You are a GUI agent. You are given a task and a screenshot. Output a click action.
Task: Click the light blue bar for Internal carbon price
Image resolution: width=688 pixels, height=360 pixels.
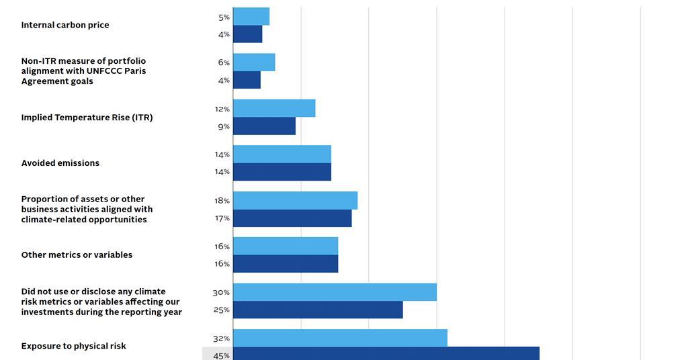[251, 16]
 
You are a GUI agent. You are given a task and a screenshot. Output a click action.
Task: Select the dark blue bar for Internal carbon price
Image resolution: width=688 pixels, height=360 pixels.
[248, 34]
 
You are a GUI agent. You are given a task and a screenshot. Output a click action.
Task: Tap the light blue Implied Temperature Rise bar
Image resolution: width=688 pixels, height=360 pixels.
[274, 108]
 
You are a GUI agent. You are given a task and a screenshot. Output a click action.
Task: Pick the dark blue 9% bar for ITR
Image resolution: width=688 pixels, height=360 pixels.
[264, 126]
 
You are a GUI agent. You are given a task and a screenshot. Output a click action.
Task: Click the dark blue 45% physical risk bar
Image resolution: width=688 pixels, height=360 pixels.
[386, 354]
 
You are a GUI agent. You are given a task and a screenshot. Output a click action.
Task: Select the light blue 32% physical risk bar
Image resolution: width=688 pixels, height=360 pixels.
[340, 338]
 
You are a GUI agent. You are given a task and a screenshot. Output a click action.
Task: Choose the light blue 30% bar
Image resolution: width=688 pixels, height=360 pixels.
[335, 292]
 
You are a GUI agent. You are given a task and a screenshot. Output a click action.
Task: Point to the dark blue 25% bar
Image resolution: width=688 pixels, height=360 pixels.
[318, 310]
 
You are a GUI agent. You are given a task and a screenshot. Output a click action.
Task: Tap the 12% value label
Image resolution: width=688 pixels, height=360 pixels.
[222, 109]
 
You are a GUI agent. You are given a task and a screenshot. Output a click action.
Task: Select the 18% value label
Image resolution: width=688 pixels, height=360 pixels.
[222, 201]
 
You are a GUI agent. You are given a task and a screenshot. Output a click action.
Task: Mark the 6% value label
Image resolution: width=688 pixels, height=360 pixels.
[224, 62]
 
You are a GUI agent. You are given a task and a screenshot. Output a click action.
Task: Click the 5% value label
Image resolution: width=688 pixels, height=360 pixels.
[224, 17]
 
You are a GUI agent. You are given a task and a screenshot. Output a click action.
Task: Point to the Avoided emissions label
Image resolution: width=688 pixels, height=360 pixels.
[60, 163]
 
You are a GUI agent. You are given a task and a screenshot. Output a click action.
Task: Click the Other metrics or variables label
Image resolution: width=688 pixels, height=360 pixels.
[77, 255]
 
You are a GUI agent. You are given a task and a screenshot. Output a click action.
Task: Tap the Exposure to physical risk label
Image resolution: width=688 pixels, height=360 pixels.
[74, 347]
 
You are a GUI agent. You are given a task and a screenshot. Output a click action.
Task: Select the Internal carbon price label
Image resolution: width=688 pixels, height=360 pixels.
[65, 26]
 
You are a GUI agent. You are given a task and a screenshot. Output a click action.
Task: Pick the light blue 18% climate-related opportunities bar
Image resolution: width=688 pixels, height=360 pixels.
[296, 200]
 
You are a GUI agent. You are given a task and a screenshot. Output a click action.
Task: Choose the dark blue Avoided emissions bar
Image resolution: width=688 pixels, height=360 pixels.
[282, 172]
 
